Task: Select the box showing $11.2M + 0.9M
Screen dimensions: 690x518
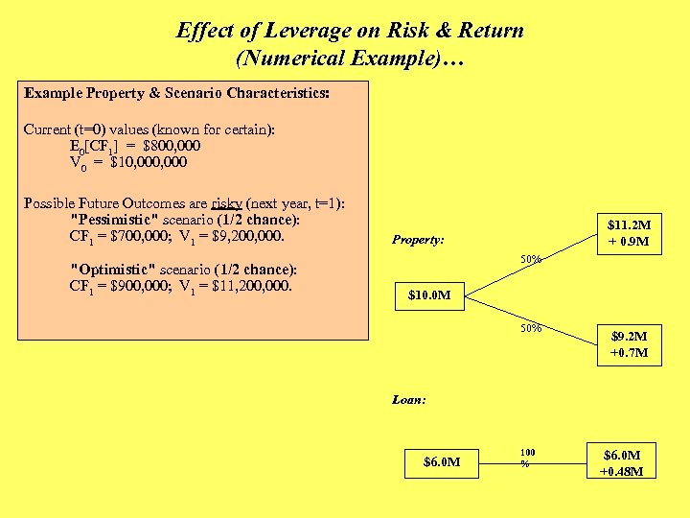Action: (x=629, y=233)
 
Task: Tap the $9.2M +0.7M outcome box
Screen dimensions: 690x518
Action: (x=629, y=344)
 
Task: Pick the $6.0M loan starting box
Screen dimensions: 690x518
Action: (x=442, y=462)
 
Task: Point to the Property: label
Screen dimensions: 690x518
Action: (x=418, y=240)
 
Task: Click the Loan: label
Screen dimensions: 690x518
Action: (x=409, y=399)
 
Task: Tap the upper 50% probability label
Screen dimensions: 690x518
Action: (x=531, y=259)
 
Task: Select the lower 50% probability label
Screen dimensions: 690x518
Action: (x=531, y=329)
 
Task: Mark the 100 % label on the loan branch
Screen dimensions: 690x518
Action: (x=528, y=457)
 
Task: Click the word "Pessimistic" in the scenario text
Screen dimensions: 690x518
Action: (x=116, y=220)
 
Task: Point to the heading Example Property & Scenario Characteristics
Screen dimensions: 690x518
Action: (x=177, y=94)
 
